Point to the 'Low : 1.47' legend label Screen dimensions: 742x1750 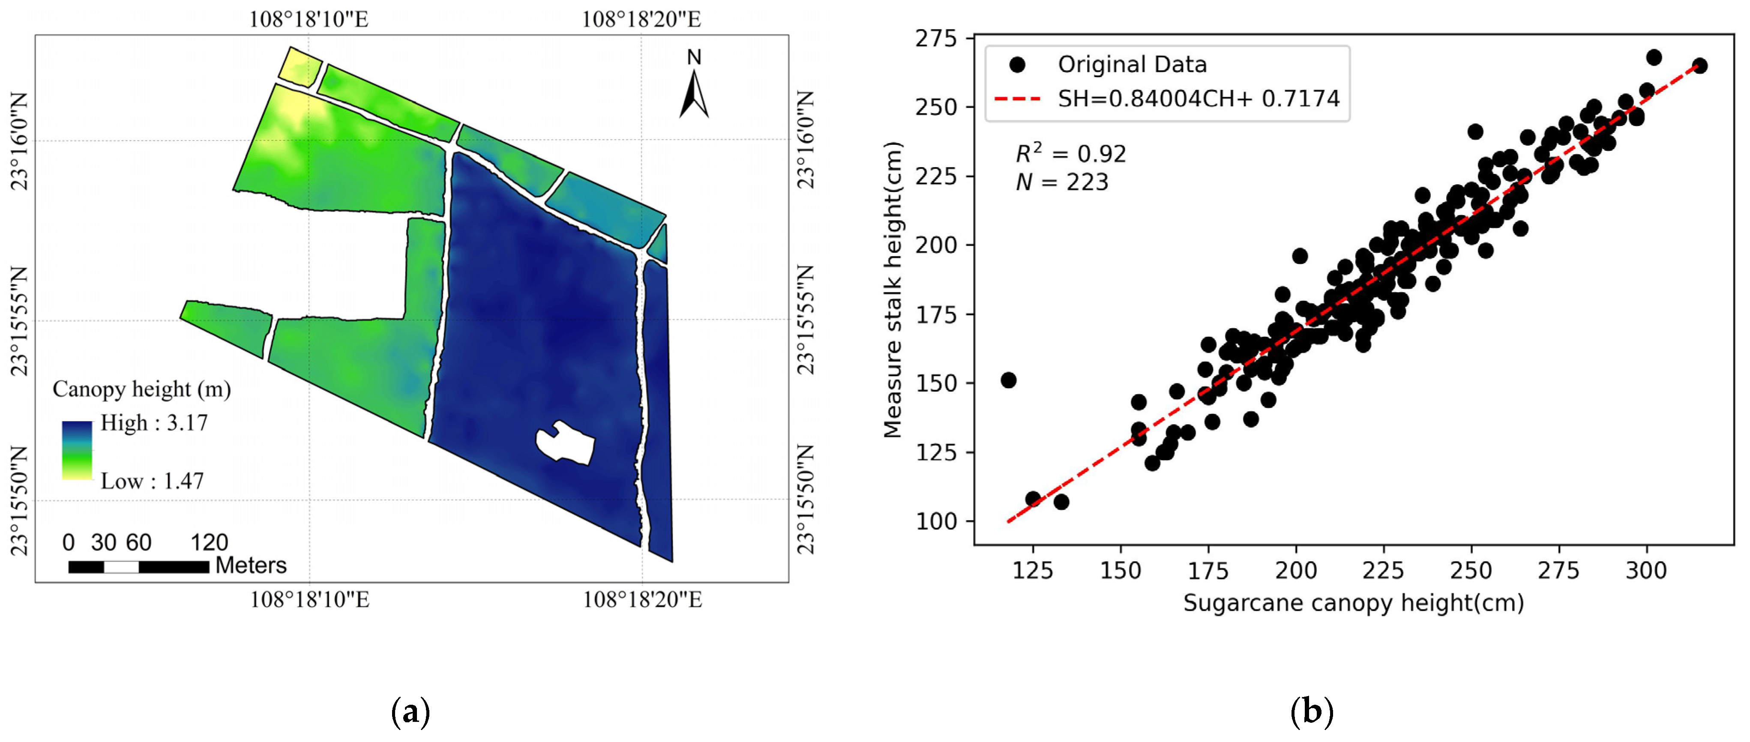coord(152,481)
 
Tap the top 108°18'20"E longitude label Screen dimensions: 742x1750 coord(641,19)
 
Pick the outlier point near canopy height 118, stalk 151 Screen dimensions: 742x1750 coord(1009,380)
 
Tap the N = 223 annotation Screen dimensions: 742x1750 coord(1062,182)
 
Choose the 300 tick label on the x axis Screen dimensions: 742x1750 coord(1645,571)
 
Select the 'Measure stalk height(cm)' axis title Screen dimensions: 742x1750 coord(892,290)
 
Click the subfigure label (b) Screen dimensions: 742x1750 coord(1312,712)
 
